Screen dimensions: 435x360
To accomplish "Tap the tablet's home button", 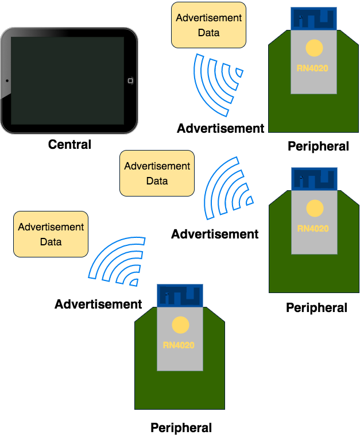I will pyautogui.click(x=130, y=80).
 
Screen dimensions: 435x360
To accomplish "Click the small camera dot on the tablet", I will pyautogui.click(x=7, y=80).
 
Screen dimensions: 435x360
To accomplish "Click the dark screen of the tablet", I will pyautogui.click(x=68, y=80).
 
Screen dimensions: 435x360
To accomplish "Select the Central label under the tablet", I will pyautogui.click(x=69, y=144).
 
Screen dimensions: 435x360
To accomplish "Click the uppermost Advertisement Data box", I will pyautogui.click(x=208, y=25).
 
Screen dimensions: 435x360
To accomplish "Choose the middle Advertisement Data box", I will pyautogui.click(x=157, y=173).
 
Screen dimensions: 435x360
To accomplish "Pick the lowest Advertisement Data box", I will pyautogui.click(x=51, y=234).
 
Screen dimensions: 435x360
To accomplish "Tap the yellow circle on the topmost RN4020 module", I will pyautogui.click(x=314, y=48).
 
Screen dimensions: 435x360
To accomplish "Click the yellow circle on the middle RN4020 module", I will pyautogui.click(x=314, y=208).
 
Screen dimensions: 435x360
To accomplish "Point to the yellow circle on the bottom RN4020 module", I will pyautogui.click(x=180, y=325).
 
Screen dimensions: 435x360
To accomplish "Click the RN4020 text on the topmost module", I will pyautogui.click(x=313, y=68).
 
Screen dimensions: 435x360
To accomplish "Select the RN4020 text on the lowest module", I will pyautogui.click(x=179, y=345).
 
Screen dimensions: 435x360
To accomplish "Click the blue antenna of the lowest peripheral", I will pyautogui.click(x=180, y=295).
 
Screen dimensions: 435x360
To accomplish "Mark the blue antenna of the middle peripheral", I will pyautogui.click(x=314, y=179).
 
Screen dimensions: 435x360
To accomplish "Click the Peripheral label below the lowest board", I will pyautogui.click(x=181, y=428).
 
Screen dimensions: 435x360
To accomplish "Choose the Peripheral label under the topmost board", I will pyautogui.click(x=318, y=146).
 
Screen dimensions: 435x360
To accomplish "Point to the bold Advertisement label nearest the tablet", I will pyautogui.click(x=220, y=128).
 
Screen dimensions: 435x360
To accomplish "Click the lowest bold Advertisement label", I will pyautogui.click(x=98, y=304).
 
